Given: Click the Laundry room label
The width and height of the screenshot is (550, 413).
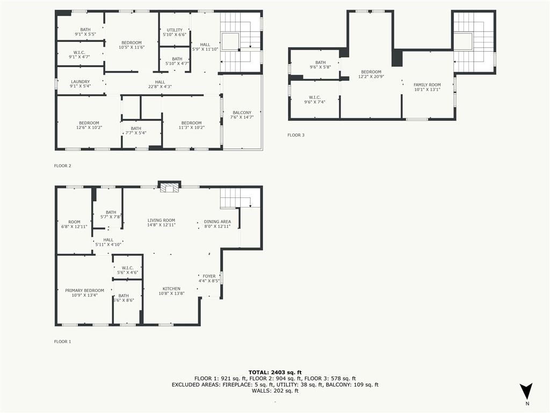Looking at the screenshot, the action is click(81, 82).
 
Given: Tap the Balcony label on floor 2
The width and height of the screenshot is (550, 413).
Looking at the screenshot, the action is click(242, 113).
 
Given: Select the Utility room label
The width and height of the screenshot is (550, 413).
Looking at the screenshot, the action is click(175, 30).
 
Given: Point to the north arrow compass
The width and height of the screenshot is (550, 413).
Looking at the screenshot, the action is click(526, 393).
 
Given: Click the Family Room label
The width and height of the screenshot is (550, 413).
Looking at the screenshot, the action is click(427, 84).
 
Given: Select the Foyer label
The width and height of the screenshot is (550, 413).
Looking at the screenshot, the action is click(209, 276).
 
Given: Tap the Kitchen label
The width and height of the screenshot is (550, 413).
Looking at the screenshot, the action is click(171, 289).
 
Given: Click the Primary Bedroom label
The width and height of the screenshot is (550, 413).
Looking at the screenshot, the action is click(84, 290).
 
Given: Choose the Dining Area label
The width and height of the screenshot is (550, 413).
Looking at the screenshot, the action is click(218, 222).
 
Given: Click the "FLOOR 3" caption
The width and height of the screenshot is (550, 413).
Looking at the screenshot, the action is click(296, 135).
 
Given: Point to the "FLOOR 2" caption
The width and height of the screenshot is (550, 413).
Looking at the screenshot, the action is click(63, 166).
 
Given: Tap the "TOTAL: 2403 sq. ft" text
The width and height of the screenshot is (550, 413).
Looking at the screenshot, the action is click(275, 372).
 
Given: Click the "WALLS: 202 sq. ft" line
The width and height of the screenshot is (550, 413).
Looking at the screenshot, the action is click(275, 390).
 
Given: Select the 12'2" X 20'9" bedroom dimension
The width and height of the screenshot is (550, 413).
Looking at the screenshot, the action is click(371, 76).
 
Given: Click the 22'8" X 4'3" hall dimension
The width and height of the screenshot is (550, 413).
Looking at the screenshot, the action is click(160, 87).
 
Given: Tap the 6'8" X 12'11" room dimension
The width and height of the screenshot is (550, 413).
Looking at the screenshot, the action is click(74, 226).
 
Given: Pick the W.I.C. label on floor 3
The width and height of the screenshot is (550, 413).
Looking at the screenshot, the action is click(315, 97).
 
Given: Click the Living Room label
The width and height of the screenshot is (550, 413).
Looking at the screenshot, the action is click(161, 220).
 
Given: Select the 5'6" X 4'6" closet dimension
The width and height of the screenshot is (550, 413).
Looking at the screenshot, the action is click(128, 272).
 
